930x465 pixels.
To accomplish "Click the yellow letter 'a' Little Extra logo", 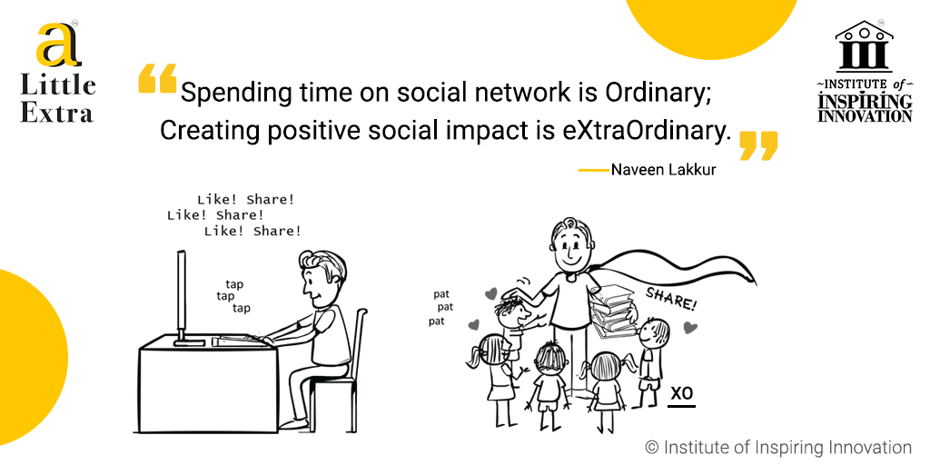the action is point(57,45).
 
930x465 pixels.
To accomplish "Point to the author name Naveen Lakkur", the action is point(663,170).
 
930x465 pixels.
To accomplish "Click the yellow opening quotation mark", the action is point(157,78).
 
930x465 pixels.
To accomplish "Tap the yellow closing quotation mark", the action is point(758,146).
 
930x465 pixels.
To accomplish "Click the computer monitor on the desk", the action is point(182,297).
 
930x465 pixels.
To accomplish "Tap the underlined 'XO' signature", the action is point(682,396).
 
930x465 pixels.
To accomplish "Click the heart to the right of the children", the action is point(689,327).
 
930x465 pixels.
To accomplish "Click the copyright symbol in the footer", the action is point(652,447).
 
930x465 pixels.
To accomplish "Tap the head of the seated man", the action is point(321,278).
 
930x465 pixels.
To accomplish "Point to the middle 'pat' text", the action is point(445,307).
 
